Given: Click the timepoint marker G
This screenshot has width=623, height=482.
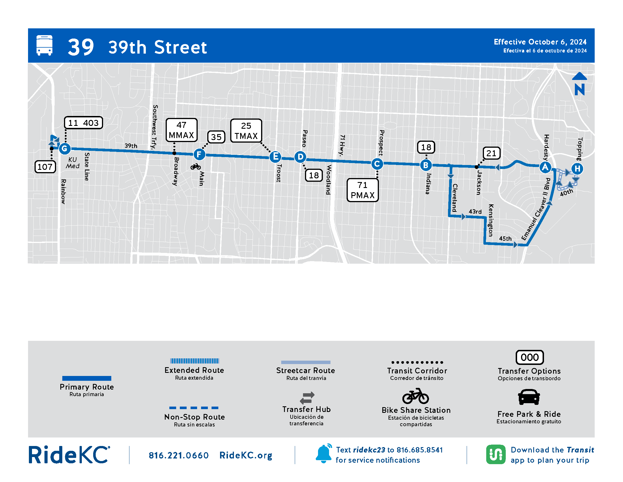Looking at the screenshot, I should pyautogui.click(x=65, y=149).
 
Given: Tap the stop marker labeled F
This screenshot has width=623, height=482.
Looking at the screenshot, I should pyautogui.click(x=199, y=155).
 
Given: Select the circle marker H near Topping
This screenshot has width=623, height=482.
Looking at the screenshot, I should pyautogui.click(x=577, y=169).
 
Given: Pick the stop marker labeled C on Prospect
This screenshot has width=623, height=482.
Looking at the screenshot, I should pyautogui.click(x=377, y=164).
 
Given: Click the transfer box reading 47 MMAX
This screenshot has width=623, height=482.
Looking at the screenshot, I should pyautogui.click(x=182, y=130).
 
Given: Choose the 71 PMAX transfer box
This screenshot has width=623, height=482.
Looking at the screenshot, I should pyautogui.click(x=362, y=190).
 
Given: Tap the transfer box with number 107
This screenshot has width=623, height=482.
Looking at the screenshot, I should pyautogui.click(x=45, y=167).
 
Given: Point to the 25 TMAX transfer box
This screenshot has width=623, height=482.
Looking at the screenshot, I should pyautogui.click(x=246, y=131).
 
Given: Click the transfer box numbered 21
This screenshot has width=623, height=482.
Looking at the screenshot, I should pyautogui.click(x=491, y=153).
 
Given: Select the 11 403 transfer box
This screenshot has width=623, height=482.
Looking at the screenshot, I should pyautogui.click(x=83, y=123).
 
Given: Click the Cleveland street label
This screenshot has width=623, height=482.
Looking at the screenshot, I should pyautogui.click(x=455, y=198).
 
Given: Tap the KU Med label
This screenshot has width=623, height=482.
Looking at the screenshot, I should pyautogui.click(x=73, y=163).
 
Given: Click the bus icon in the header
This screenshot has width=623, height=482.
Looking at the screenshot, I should pyautogui.click(x=44, y=45).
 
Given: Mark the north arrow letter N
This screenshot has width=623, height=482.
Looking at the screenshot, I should pyautogui.click(x=579, y=89).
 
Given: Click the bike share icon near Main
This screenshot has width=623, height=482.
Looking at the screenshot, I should pyautogui.click(x=196, y=166).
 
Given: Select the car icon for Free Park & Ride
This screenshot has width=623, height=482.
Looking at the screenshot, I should pyautogui.click(x=529, y=397).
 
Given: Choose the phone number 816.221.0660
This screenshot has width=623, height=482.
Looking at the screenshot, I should pyautogui.click(x=179, y=455).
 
